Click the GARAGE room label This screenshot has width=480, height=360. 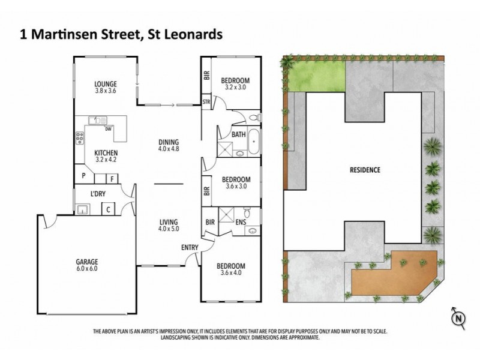pyautogui.click(x=88, y=262)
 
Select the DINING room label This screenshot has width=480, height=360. pyautogui.click(x=169, y=142)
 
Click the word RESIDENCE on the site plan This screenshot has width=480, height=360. pyautogui.click(x=365, y=170)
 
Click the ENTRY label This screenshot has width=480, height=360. pyautogui.click(x=190, y=247)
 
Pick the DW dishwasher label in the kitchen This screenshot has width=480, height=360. pyautogui.click(x=108, y=128)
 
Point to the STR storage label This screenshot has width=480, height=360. pyautogui.click(x=207, y=102)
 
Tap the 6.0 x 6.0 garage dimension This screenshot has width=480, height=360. pyautogui.click(x=88, y=269)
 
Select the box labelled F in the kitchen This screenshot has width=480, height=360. pyautogui.click(x=112, y=178)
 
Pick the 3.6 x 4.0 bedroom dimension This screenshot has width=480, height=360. pyautogui.click(x=231, y=274)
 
